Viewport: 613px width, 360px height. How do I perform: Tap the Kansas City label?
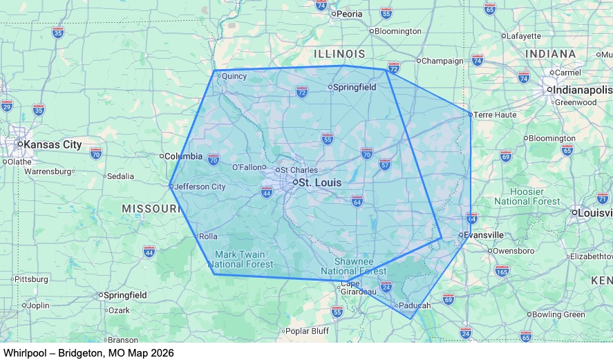[53, 145]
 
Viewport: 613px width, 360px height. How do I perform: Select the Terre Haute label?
[495, 115]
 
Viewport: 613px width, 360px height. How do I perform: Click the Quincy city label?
[234, 77]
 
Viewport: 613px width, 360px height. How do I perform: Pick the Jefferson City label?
[200, 187]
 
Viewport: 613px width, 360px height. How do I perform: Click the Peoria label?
[349, 14]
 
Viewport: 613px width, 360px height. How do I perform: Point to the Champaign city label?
[442, 61]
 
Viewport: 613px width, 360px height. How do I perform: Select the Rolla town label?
[208, 236]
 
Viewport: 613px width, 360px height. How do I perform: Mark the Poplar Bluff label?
[307, 331]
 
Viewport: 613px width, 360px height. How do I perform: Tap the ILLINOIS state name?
[339, 54]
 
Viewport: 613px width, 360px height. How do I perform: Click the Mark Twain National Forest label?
[240, 260]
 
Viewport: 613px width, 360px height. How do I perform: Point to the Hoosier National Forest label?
[527, 196]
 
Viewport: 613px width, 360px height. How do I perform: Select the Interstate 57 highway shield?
[385, 164]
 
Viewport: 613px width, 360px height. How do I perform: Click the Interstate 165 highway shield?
[502, 271]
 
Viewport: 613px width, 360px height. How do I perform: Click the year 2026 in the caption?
[160, 353]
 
